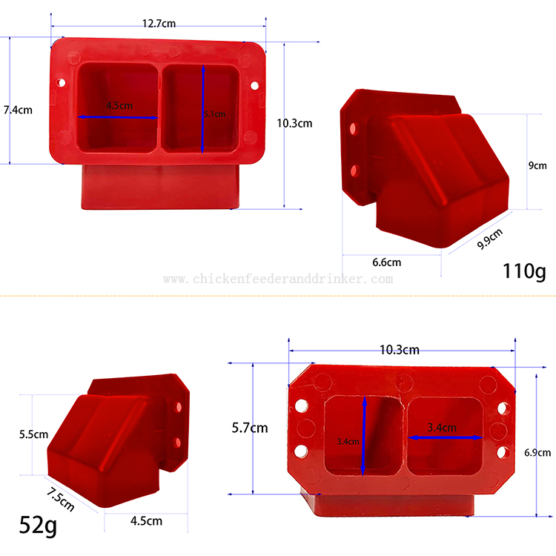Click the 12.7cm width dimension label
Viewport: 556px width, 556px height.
[159, 23]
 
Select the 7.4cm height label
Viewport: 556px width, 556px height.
[18, 110]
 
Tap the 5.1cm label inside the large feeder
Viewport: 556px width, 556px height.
[214, 114]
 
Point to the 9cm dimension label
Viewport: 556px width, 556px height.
[537, 165]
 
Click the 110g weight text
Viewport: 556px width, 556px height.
[523, 271]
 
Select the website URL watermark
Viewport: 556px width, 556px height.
[278, 279]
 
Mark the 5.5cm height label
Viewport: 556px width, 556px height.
[33, 434]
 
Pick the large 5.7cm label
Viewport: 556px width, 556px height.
[250, 428]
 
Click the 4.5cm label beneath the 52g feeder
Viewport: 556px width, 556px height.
[146, 520]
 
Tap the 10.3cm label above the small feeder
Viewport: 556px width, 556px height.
[399, 349]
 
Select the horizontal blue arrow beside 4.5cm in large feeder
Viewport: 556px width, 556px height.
[119, 117]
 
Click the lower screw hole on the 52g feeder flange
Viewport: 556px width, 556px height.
[178, 443]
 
